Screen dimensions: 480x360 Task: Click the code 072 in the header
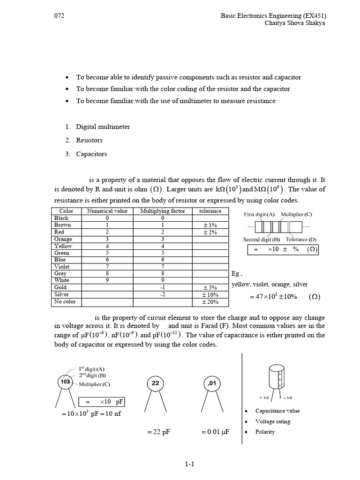coord(60,15)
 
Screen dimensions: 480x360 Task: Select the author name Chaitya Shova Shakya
coord(295,23)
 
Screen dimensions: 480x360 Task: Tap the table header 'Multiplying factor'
coord(163,211)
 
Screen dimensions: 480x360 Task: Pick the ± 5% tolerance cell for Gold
coord(211,287)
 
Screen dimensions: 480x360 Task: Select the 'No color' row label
coord(65,301)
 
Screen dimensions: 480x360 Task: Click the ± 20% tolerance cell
coord(211,301)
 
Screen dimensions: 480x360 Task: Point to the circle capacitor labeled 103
coord(66,382)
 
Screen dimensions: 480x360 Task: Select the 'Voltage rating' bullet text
coord(273,421)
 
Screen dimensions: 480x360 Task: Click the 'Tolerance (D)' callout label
coord(301,240)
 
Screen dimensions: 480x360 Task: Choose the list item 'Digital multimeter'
coord(103,127)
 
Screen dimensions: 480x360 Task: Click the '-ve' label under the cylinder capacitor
coord(288,397)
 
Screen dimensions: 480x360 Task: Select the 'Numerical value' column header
coord(107,211)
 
